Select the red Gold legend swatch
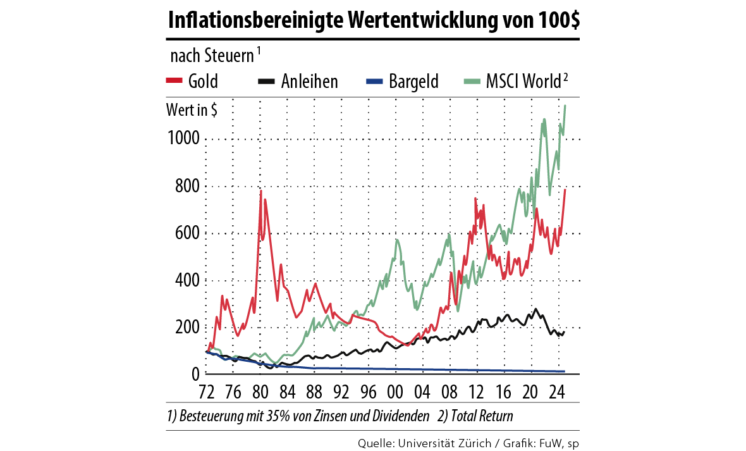pyautogui.click(x=174, y=81)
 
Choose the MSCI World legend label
pyautogui.click(x=522, y=81)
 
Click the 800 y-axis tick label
pyautogui.click(x=188, y=187)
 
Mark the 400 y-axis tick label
pyautogui.click(x=188, y=280)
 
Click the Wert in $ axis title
pyautogui.click(x=192, y=110)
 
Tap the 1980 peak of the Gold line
pyautogui.click(x=260, y=190)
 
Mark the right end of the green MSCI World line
pyautogui.click(x=565, y=106)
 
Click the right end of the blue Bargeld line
pyautogui.click(x=564, y=371)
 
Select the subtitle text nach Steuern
pyautogui.click(x=212, y=56)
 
